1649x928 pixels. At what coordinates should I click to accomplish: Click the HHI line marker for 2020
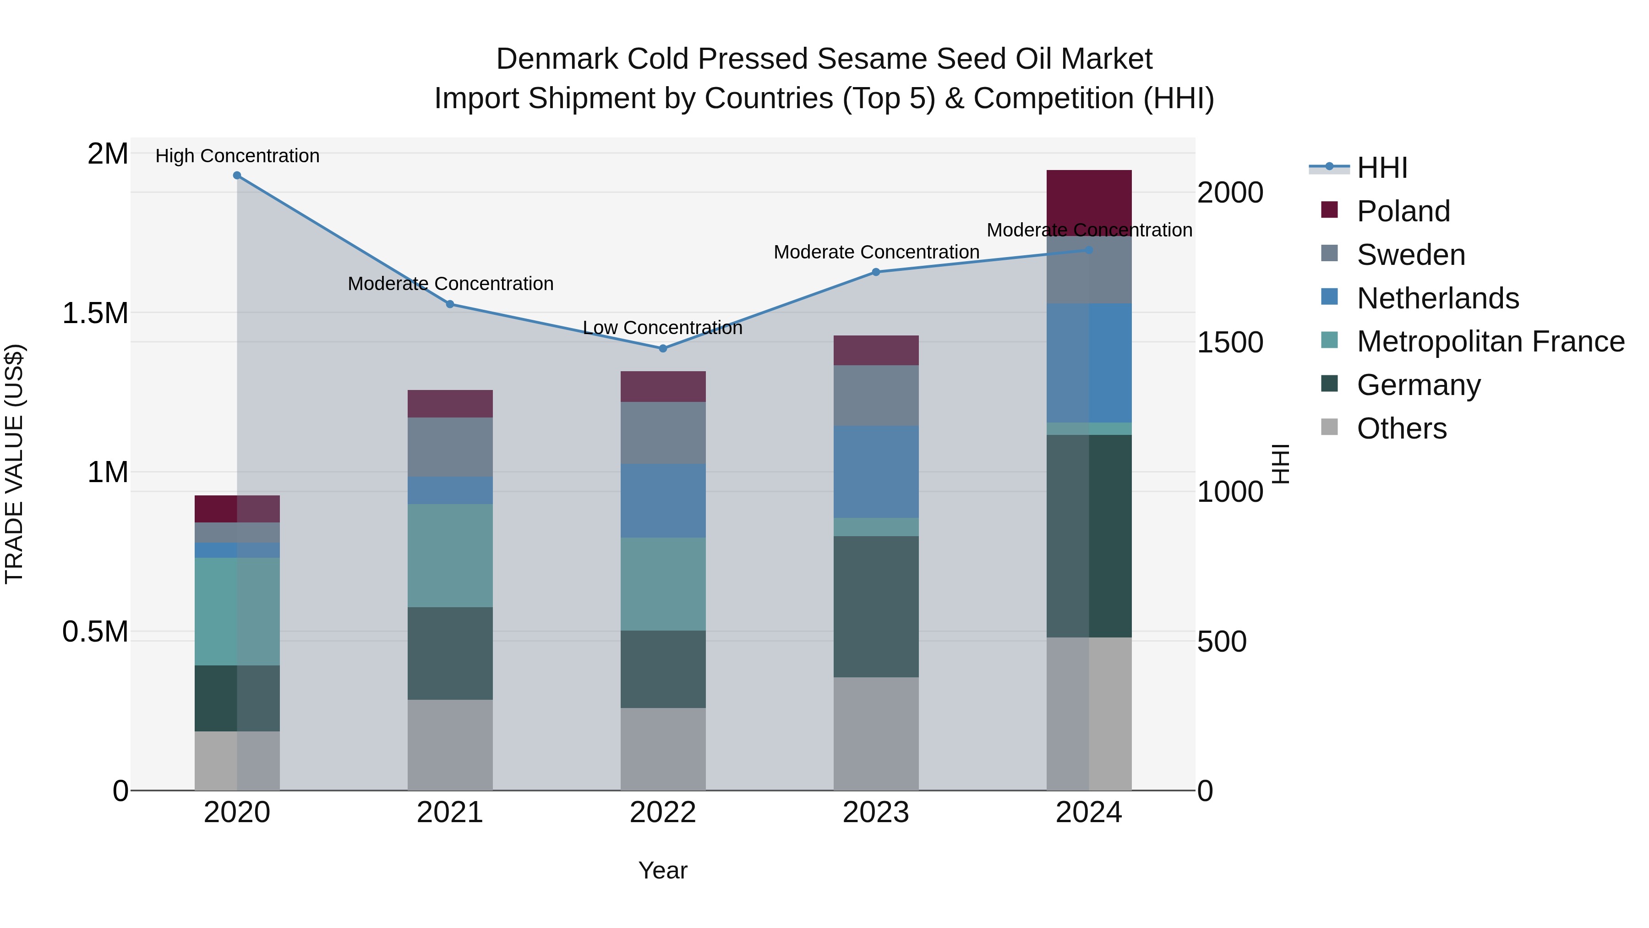tap(237, 176)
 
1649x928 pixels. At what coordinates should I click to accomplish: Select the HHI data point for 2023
tap(876, 272)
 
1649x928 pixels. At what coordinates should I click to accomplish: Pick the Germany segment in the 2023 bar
tap(876, 606)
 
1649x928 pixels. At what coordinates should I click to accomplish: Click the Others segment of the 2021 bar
tap(450, 744)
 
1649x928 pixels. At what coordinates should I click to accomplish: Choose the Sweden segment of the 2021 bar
tap(450, 446)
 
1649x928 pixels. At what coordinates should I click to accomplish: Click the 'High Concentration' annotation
tap(237, 156)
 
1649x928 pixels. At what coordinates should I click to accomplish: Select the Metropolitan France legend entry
tap(1490, 341)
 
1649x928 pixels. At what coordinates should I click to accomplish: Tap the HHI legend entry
tap(1381, 168)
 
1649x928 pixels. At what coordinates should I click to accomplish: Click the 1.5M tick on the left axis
tap(95, 313)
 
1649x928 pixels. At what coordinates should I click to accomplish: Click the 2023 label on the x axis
tap(876, 813)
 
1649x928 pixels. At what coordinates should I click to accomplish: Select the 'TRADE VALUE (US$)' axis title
tap(14, 464)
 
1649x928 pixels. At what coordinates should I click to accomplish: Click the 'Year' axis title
tap(662, 870)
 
